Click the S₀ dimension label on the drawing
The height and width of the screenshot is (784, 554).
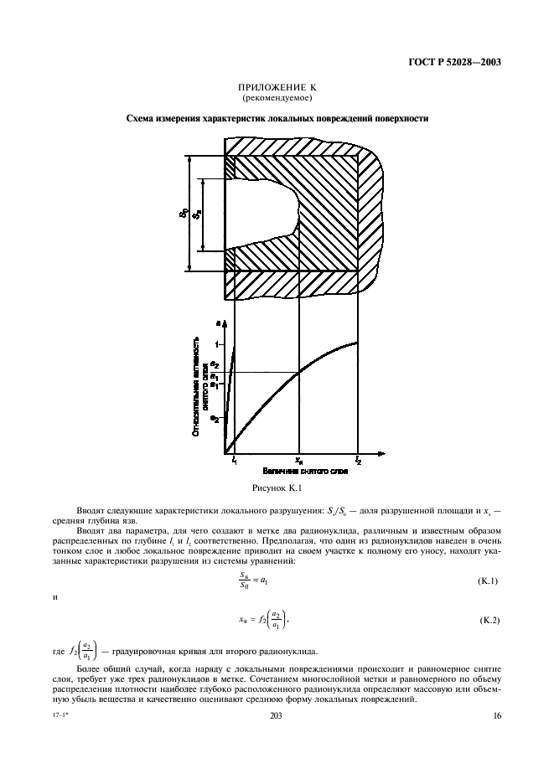click(x=182, y=214)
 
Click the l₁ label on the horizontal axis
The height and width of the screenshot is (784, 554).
click(x=235, y=460)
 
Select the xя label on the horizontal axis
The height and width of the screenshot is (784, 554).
click(x=299, y=460)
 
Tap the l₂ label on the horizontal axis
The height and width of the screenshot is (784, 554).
click(x=358, y=460)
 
